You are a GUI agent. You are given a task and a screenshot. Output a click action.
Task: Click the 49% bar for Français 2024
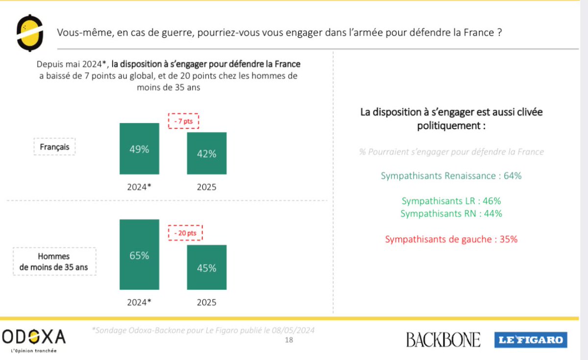(139, 149)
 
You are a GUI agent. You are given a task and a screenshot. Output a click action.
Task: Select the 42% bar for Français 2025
(206, 153)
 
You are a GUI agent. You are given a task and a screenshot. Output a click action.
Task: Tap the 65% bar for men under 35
(139, 255)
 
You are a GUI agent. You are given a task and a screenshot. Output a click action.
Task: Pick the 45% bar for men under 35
(206, 267)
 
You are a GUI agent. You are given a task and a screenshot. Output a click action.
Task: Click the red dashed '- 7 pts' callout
(184, 121)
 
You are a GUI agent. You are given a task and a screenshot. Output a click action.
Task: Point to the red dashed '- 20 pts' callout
(185, 233)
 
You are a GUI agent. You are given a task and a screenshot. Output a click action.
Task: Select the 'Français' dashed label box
(54, 147)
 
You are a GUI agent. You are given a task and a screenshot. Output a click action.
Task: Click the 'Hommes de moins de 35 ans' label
(54, 262)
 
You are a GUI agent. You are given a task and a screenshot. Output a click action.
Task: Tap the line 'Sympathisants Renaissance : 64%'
(451, 176)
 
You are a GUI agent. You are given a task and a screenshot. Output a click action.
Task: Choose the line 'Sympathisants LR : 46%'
(451, 201)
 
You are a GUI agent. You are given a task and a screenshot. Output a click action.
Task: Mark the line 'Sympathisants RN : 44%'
(451, 214)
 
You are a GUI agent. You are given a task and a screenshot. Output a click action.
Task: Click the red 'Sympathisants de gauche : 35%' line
(451, 240)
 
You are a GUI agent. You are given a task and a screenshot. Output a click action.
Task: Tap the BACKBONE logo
(443, 339)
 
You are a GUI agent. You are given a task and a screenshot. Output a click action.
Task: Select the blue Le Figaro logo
(530, 340)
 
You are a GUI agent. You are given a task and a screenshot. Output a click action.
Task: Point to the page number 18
(289, 340)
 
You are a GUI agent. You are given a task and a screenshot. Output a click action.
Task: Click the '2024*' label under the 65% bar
(139, 302)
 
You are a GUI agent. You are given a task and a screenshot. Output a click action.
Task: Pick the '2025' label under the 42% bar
(206, 187)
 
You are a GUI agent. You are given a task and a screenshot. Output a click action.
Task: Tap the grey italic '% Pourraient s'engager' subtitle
(451, 152)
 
